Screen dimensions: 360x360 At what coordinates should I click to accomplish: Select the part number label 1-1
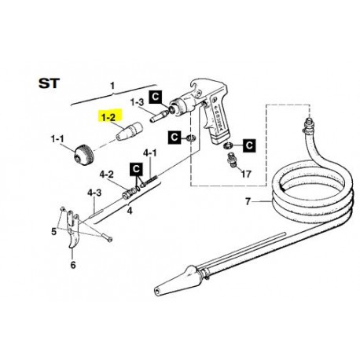[x=58, y=138]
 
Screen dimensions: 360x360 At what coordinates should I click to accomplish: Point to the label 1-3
[x=136, y=101]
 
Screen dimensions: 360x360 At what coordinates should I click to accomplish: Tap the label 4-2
[x=107, y=174]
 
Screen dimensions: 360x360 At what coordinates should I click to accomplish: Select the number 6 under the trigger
[x=73, y=266]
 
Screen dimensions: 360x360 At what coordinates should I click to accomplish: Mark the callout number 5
[x=54, y=232]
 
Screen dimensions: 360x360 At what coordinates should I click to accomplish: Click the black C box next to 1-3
[x=156, y=97]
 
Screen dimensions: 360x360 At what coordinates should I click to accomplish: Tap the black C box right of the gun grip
[x=249, y=145]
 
